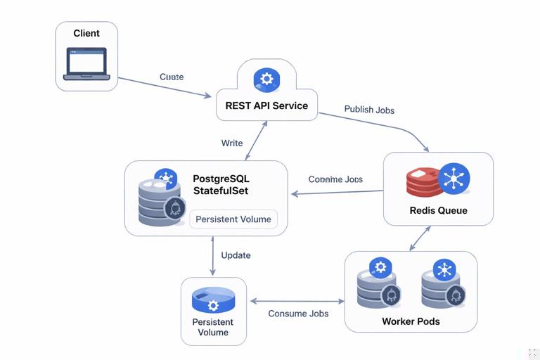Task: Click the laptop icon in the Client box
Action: coord(86,64)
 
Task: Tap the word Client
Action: coord(86,33)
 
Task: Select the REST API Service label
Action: coord(266,105)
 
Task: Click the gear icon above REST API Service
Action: coord(266,79)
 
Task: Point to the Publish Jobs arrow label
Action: coord(369,110)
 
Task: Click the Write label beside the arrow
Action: coord(232,143)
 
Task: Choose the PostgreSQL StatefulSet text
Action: coord(220,184)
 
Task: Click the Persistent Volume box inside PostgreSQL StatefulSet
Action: coord(233,219)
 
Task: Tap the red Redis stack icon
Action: coord(422,182)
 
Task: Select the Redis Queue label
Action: coord(438,210)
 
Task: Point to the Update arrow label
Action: coord(236,255)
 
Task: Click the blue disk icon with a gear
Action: coord(213,301)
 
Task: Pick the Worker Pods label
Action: coord(411,321)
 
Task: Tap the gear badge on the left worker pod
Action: coord(380,267)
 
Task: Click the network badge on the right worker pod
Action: coord(444,269)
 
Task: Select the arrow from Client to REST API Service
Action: coord(165,87)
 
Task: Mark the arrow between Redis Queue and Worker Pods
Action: coord(420,238)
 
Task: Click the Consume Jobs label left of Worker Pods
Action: coord(298,314)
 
